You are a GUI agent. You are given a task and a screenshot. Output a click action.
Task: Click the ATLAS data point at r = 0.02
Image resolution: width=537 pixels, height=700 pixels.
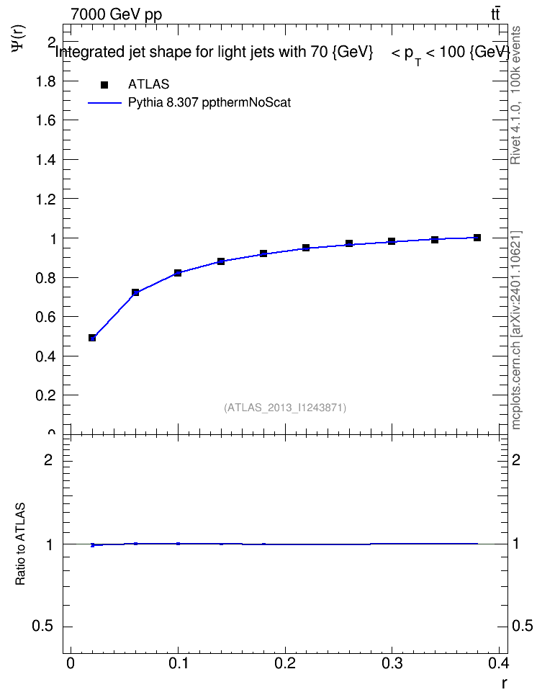tap(92, 338)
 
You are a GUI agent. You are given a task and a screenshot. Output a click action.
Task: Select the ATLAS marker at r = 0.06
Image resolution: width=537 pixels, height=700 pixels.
tap(135, 292)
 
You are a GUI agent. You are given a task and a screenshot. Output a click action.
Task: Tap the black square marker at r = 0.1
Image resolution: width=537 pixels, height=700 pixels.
tap(178, 273)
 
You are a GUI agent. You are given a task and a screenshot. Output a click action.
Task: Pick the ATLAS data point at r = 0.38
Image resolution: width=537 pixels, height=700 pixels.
tap(477, 238)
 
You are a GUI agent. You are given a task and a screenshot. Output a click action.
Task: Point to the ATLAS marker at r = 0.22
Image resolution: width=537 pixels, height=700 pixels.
tap(306, 247)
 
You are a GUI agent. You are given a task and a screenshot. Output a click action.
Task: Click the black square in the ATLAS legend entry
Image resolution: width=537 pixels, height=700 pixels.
tap(104, 85)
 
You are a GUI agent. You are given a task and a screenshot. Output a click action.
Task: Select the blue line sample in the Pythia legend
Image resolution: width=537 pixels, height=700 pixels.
tap(104, 103)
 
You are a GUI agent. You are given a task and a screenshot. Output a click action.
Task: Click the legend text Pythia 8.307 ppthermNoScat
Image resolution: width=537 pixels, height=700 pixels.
tap(209, 103)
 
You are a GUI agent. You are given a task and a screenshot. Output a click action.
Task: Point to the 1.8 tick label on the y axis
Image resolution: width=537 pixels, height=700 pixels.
tap(45, 81)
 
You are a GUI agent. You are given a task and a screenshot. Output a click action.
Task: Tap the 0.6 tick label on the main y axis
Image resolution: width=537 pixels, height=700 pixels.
tap(45, 317)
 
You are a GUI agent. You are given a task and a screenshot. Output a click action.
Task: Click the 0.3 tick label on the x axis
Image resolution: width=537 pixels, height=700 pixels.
tap(392, 663)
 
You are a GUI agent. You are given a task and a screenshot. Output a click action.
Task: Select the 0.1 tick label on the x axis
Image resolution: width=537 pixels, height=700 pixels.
tap(178, 663)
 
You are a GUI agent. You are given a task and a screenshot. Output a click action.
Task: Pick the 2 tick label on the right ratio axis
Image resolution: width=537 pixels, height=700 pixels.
tap(516, 459)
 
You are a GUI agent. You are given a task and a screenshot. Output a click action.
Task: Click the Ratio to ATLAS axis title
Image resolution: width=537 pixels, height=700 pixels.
tap(21, 544)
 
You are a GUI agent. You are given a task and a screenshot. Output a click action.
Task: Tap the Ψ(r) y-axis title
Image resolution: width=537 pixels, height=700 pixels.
tap(19, 37)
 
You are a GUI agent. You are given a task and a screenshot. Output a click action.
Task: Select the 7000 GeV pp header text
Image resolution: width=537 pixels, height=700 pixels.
tap(116, 14)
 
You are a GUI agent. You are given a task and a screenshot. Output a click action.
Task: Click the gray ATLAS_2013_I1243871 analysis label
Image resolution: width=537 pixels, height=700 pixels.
tap(285, 408)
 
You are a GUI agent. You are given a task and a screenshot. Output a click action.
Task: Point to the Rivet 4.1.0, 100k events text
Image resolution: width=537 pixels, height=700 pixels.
tap(515, 95)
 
